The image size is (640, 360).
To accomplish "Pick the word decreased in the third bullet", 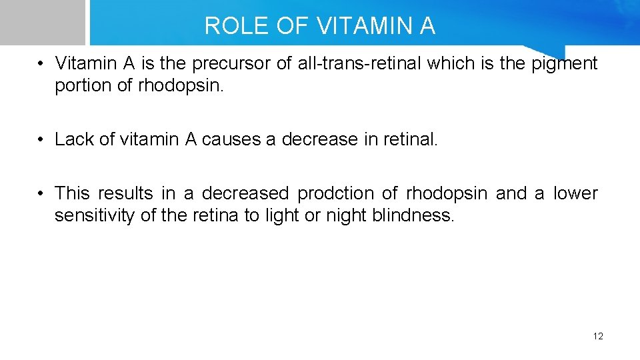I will point(245,194).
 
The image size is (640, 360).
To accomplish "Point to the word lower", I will point(575,194).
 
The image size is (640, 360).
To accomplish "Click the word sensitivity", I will point(95,216).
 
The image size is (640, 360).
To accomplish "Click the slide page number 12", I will point(597,336).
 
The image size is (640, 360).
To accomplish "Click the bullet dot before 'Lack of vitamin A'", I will point(41,140).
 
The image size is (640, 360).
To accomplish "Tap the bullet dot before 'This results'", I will point(41,194).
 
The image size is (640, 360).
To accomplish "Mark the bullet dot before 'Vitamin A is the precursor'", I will point(41,65).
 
